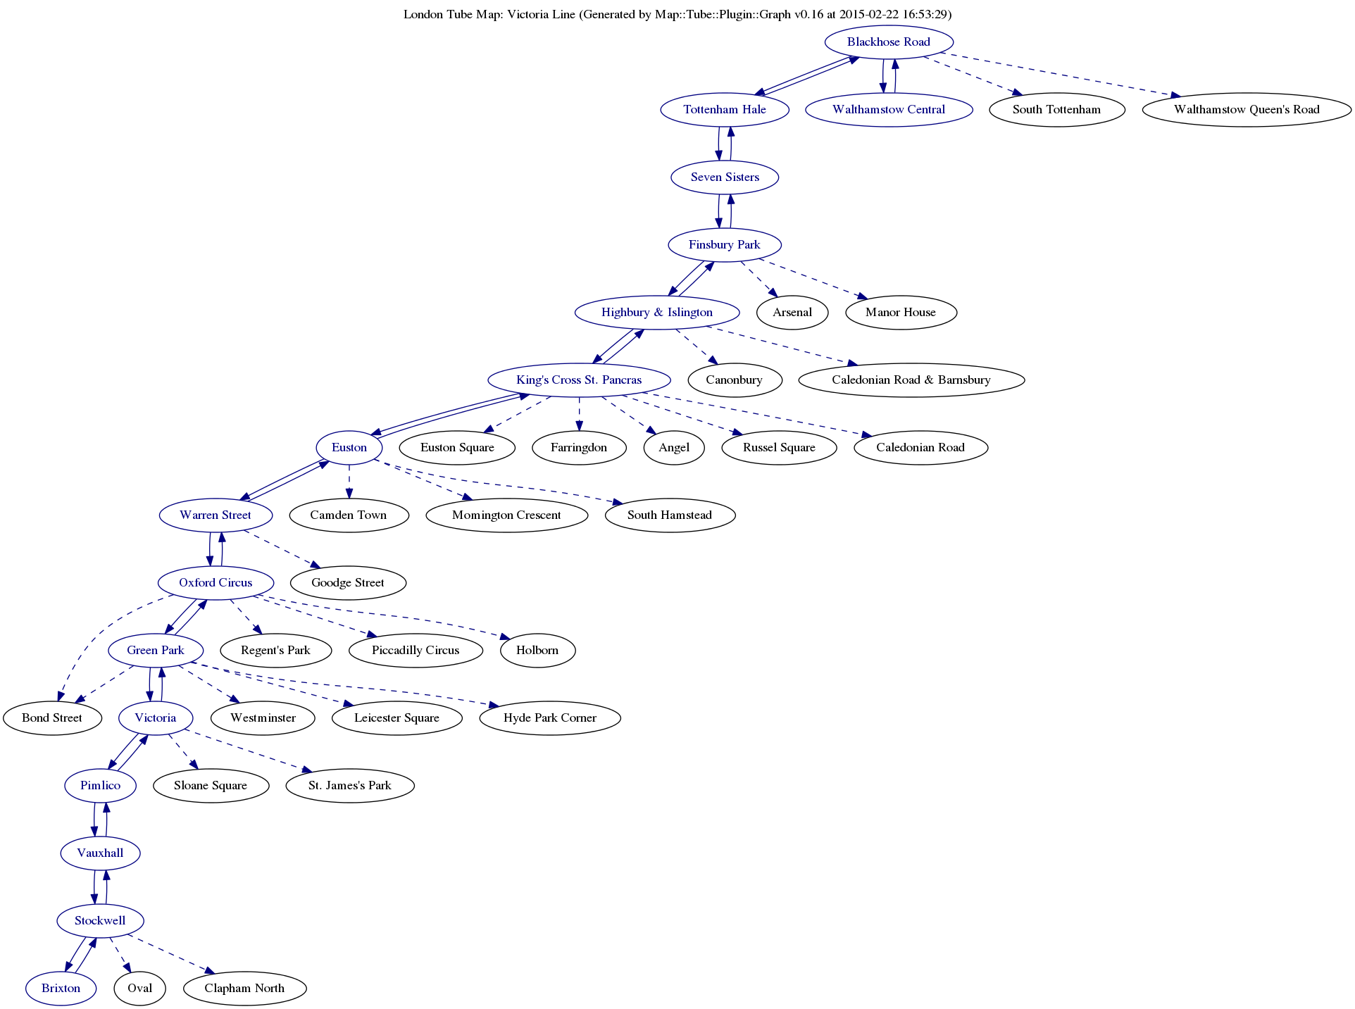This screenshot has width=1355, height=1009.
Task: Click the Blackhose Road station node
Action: tap(888, 42)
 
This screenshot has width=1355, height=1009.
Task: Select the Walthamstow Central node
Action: tap(889, 110)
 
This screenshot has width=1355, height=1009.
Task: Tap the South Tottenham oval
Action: tap(1056, 110)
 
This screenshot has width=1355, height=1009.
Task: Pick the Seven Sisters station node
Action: tap(725, 177)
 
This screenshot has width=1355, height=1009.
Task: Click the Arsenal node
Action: tap(792, 313)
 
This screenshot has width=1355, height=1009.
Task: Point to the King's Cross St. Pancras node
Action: tap(579, 380)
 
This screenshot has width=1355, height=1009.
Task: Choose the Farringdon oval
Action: tap(579, 448)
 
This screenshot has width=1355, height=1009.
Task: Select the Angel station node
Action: tap(673, 448)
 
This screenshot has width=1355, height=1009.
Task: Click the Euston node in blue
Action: tap(349, 448)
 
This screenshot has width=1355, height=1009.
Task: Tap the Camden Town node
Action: tap(348, 515)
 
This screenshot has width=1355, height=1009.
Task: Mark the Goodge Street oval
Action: tap(348, 583)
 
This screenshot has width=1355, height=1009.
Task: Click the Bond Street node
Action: tap(52, 718)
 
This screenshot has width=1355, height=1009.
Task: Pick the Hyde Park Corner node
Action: tap(549, 718)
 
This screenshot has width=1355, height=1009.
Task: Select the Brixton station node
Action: tap(61, 989)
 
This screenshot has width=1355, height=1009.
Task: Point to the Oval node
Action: tap(139, 989)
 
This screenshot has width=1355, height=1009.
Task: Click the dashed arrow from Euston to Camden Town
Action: tap(349, 482)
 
